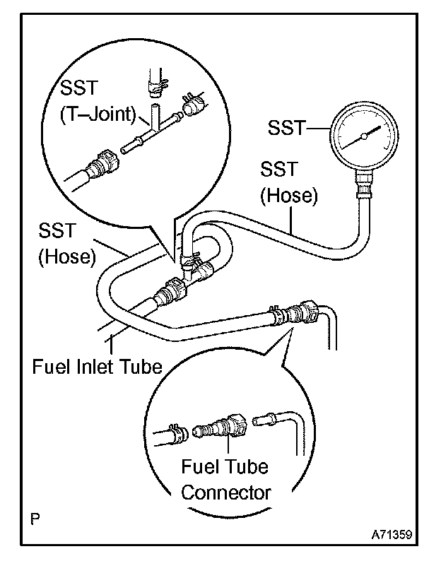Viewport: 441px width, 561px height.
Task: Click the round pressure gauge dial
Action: click(x=362, y=135)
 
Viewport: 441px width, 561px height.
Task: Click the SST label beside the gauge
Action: click(x=286, y=128)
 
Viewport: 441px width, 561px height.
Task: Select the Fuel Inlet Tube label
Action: click(x=98, y=367)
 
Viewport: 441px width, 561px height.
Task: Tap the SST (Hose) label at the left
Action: click(x=66, y=244)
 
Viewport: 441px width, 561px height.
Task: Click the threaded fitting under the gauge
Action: click(x=364, y=187)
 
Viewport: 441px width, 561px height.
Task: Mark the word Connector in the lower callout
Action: click(x=225, y=491)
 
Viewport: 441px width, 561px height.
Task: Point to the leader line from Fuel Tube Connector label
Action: click(x=228, y=447)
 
